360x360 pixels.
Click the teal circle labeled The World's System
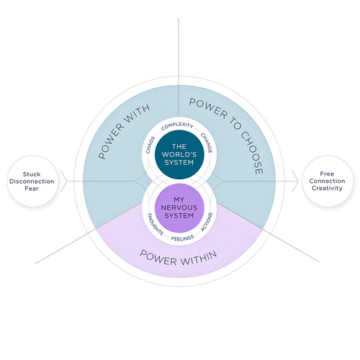pyautogui.click(x=179, y=155)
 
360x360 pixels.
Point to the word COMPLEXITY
pyautogui.click(x=179, y=126)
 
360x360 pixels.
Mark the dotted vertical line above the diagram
pyautogui.click(x=179, y=43)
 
